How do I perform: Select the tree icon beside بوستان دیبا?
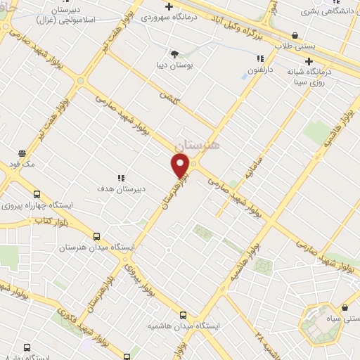tap(175, 53)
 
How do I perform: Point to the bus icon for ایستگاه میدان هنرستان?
tap(96, 237)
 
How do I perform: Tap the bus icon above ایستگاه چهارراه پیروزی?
tap(37, 195)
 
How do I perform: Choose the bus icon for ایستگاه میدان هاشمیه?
tap(183, 316)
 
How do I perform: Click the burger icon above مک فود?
tap(22, 153)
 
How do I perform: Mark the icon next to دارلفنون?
tap(259, 59)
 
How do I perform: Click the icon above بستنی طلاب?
tap(294, 35)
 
